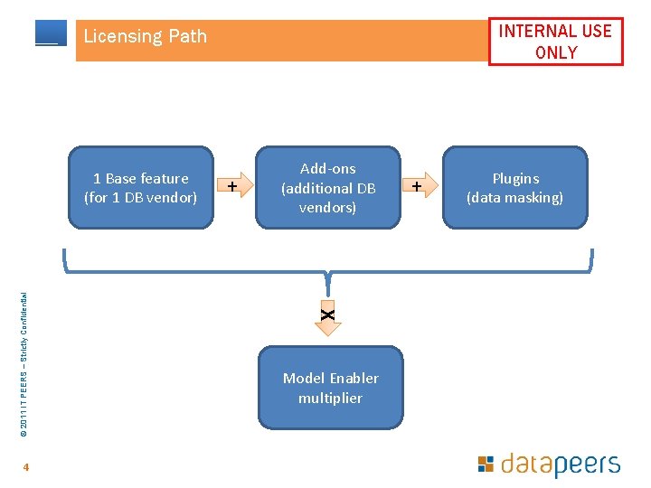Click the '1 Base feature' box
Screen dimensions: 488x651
tap(140, 188)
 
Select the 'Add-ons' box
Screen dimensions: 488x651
tap(328, 188)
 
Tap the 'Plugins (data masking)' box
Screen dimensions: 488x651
tap(514, 188)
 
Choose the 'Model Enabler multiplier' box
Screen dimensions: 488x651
tap(330, 388)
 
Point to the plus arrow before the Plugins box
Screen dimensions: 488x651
tap(419, 186)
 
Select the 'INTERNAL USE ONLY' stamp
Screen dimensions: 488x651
tap(555, 42)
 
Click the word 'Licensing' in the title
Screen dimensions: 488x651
tap(120, 37)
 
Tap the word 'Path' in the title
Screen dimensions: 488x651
tap(187, 37)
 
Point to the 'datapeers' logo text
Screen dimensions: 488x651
tap(561, 465)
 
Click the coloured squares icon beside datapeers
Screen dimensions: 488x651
tap(486, 464)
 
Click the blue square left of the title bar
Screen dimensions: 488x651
tap(51, 33)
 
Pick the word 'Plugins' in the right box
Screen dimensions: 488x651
tap(515, 178)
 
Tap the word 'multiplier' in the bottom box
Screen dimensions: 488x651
tap(330, 398)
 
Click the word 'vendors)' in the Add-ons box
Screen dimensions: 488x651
tap(328, 208)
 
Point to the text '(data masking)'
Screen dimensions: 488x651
tap(514, 198)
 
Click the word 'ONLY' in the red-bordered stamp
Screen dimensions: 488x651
tap(555, 52)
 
